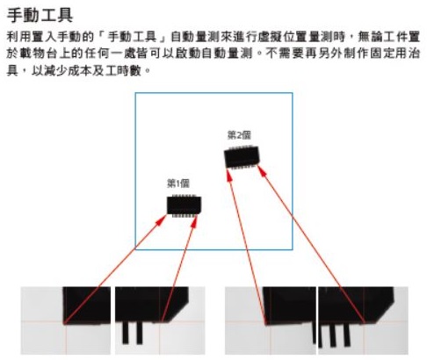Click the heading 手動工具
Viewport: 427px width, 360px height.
tap(40, 15)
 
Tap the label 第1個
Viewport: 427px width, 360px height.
tap(178, 184)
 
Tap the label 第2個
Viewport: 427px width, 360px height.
tap(239, 135)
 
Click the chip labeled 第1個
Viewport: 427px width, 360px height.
tap(184, 205)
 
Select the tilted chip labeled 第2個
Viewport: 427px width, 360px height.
tap(242, 157)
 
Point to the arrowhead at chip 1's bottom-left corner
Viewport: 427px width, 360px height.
tap(162, 220)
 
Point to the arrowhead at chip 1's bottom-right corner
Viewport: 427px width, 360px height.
tap(194, 221)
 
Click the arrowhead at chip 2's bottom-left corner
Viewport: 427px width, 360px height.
tap(228, 175)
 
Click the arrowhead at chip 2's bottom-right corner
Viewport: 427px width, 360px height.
tap(262, 170)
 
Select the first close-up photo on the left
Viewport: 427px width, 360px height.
tap(66, 320)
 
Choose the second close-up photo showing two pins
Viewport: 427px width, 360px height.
tap(160, 320)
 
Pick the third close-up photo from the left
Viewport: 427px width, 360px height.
tap(271, 320)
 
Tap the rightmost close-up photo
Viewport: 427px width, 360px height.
tap(363, 320)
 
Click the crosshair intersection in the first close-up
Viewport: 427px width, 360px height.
tap(66, 321)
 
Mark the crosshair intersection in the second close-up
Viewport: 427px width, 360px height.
tap(160, 321)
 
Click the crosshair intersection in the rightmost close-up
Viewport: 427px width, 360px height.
tap(364, 322)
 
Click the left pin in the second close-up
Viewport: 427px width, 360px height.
tap(126, 333)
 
